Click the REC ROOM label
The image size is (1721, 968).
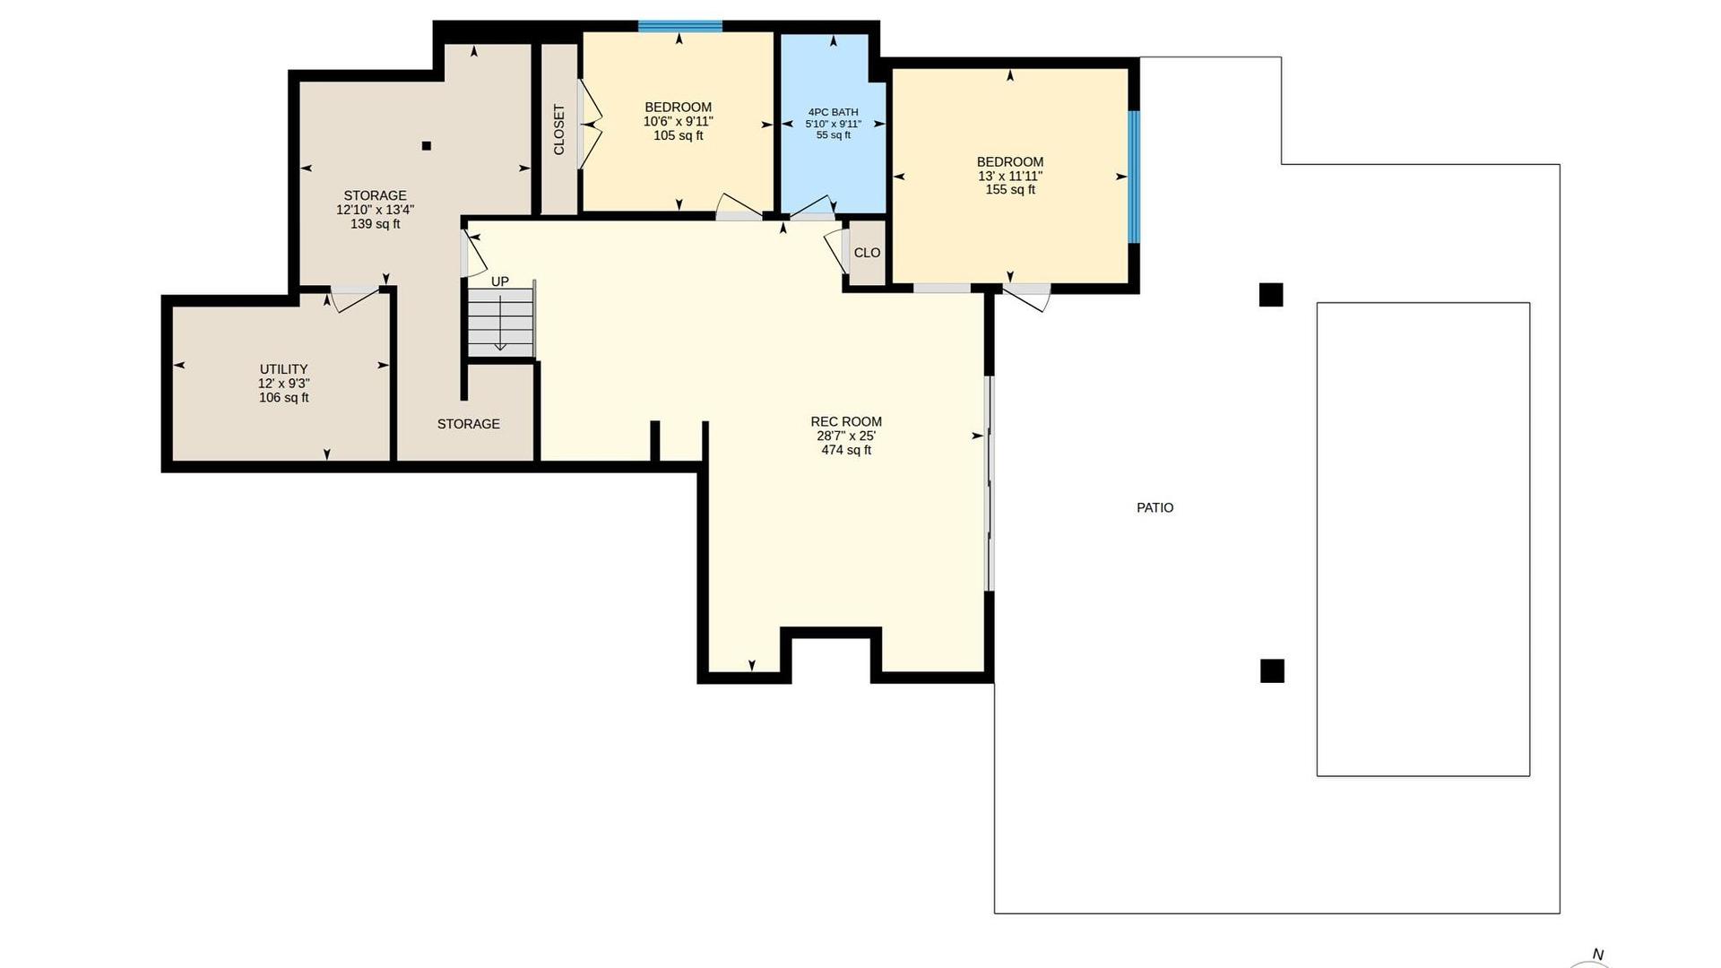point(846,421)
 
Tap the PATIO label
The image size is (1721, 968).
point(1155,507)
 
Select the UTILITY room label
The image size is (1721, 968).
point(283,369)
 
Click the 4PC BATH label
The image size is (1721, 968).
point(833,112)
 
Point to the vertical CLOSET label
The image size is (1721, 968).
point(559,130)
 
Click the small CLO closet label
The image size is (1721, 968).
point(867,253)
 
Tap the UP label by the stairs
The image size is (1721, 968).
point(499,281)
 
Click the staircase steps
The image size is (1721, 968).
point(501,319)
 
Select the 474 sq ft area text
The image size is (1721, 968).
point(846,450)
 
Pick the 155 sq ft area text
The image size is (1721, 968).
point(1010,190)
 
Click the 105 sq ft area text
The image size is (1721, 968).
point(679,136)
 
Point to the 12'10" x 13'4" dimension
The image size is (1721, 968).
point(375,210)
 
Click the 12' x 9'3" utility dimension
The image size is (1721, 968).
point(284,384)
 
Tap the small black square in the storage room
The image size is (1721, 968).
point(427,146)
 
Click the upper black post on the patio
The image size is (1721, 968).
point(1271,295)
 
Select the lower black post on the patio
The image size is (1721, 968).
point(1272,670)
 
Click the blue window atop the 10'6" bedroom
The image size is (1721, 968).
point(680,26)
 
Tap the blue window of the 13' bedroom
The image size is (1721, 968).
point(1134,177)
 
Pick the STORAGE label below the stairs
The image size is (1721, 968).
point(469,424)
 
